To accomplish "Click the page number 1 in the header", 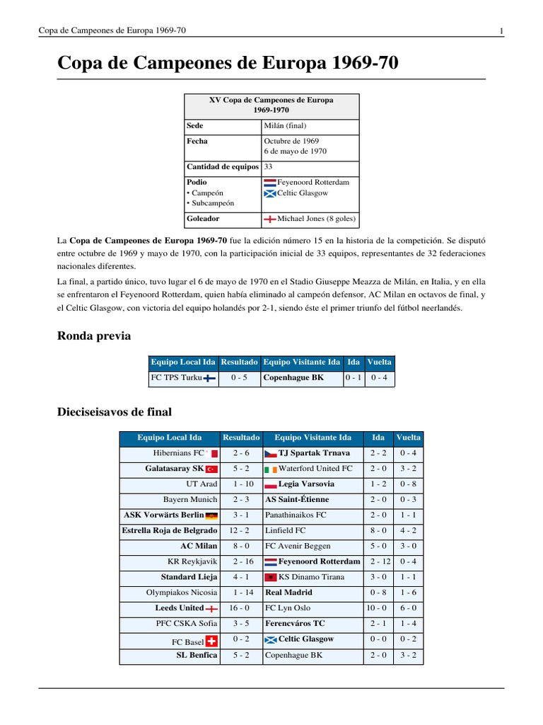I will click(x=501, y=30).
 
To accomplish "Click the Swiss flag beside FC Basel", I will click(x=211, y=641).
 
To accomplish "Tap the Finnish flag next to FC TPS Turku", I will click(x=209, y=379).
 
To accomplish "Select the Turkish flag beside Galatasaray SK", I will click(x=211, y=469).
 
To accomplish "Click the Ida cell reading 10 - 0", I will click(x=378, y=608).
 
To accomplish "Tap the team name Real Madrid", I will click(x=288, y=593).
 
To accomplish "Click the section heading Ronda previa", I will click(x=93, y=336).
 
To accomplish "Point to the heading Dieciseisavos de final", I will click(x=114, y=411).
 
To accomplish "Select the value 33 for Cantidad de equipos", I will click(x=269, y=167).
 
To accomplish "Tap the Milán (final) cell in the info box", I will click(x=285, y=126).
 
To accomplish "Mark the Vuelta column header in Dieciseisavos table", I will click(x=408, y=438).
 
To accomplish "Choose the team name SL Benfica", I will click(x=197, y=656).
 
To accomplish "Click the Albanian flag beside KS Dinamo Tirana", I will click(x=271, y=578).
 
